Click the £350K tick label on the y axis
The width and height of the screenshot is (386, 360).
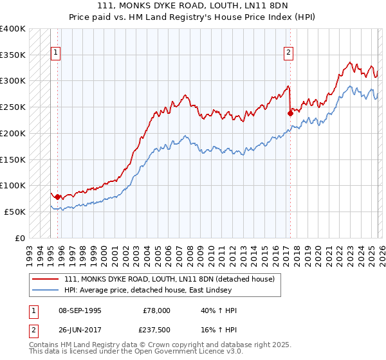(x=13, y=55)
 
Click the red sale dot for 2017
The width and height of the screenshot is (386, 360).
(x=289, y=114)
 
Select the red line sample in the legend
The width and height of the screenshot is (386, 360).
(x=46, y=279)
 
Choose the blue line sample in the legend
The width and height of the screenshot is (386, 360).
(x=46, y=290)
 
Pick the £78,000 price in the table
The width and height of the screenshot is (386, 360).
(x=156, y=311)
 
